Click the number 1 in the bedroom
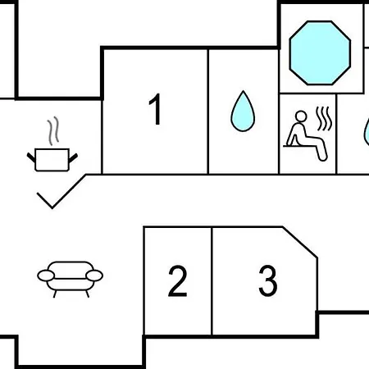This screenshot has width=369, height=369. (x=156, y=109)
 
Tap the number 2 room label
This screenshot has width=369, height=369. (x=178, y=280)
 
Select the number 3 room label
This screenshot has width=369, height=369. (x=268, y=280)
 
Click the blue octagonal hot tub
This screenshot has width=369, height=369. (x=320, y=52)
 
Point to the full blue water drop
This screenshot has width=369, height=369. (x=243, y=112)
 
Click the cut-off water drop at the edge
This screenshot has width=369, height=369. (x=367, y=131)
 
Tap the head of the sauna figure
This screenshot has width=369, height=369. (x=301, y=116)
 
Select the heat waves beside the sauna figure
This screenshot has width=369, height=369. (x=324, y=118)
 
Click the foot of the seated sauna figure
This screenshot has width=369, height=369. (x=322, y=157)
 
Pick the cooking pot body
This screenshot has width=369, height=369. (x=52, y=160)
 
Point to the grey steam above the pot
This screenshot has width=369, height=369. (x=53, y=130)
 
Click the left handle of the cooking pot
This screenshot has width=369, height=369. (x=31, y=157)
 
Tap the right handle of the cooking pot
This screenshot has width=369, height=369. (x=73, y=158)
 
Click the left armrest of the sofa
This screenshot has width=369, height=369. (x=46, y=276)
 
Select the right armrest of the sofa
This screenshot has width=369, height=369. (x=94, y=276)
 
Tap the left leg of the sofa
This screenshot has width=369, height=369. (x=55, y=294)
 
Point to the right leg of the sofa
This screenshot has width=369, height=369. (x=87, y=294)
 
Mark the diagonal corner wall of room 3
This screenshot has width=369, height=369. (x=300, y=242)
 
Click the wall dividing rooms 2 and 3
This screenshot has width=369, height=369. (x=212, y=281)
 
